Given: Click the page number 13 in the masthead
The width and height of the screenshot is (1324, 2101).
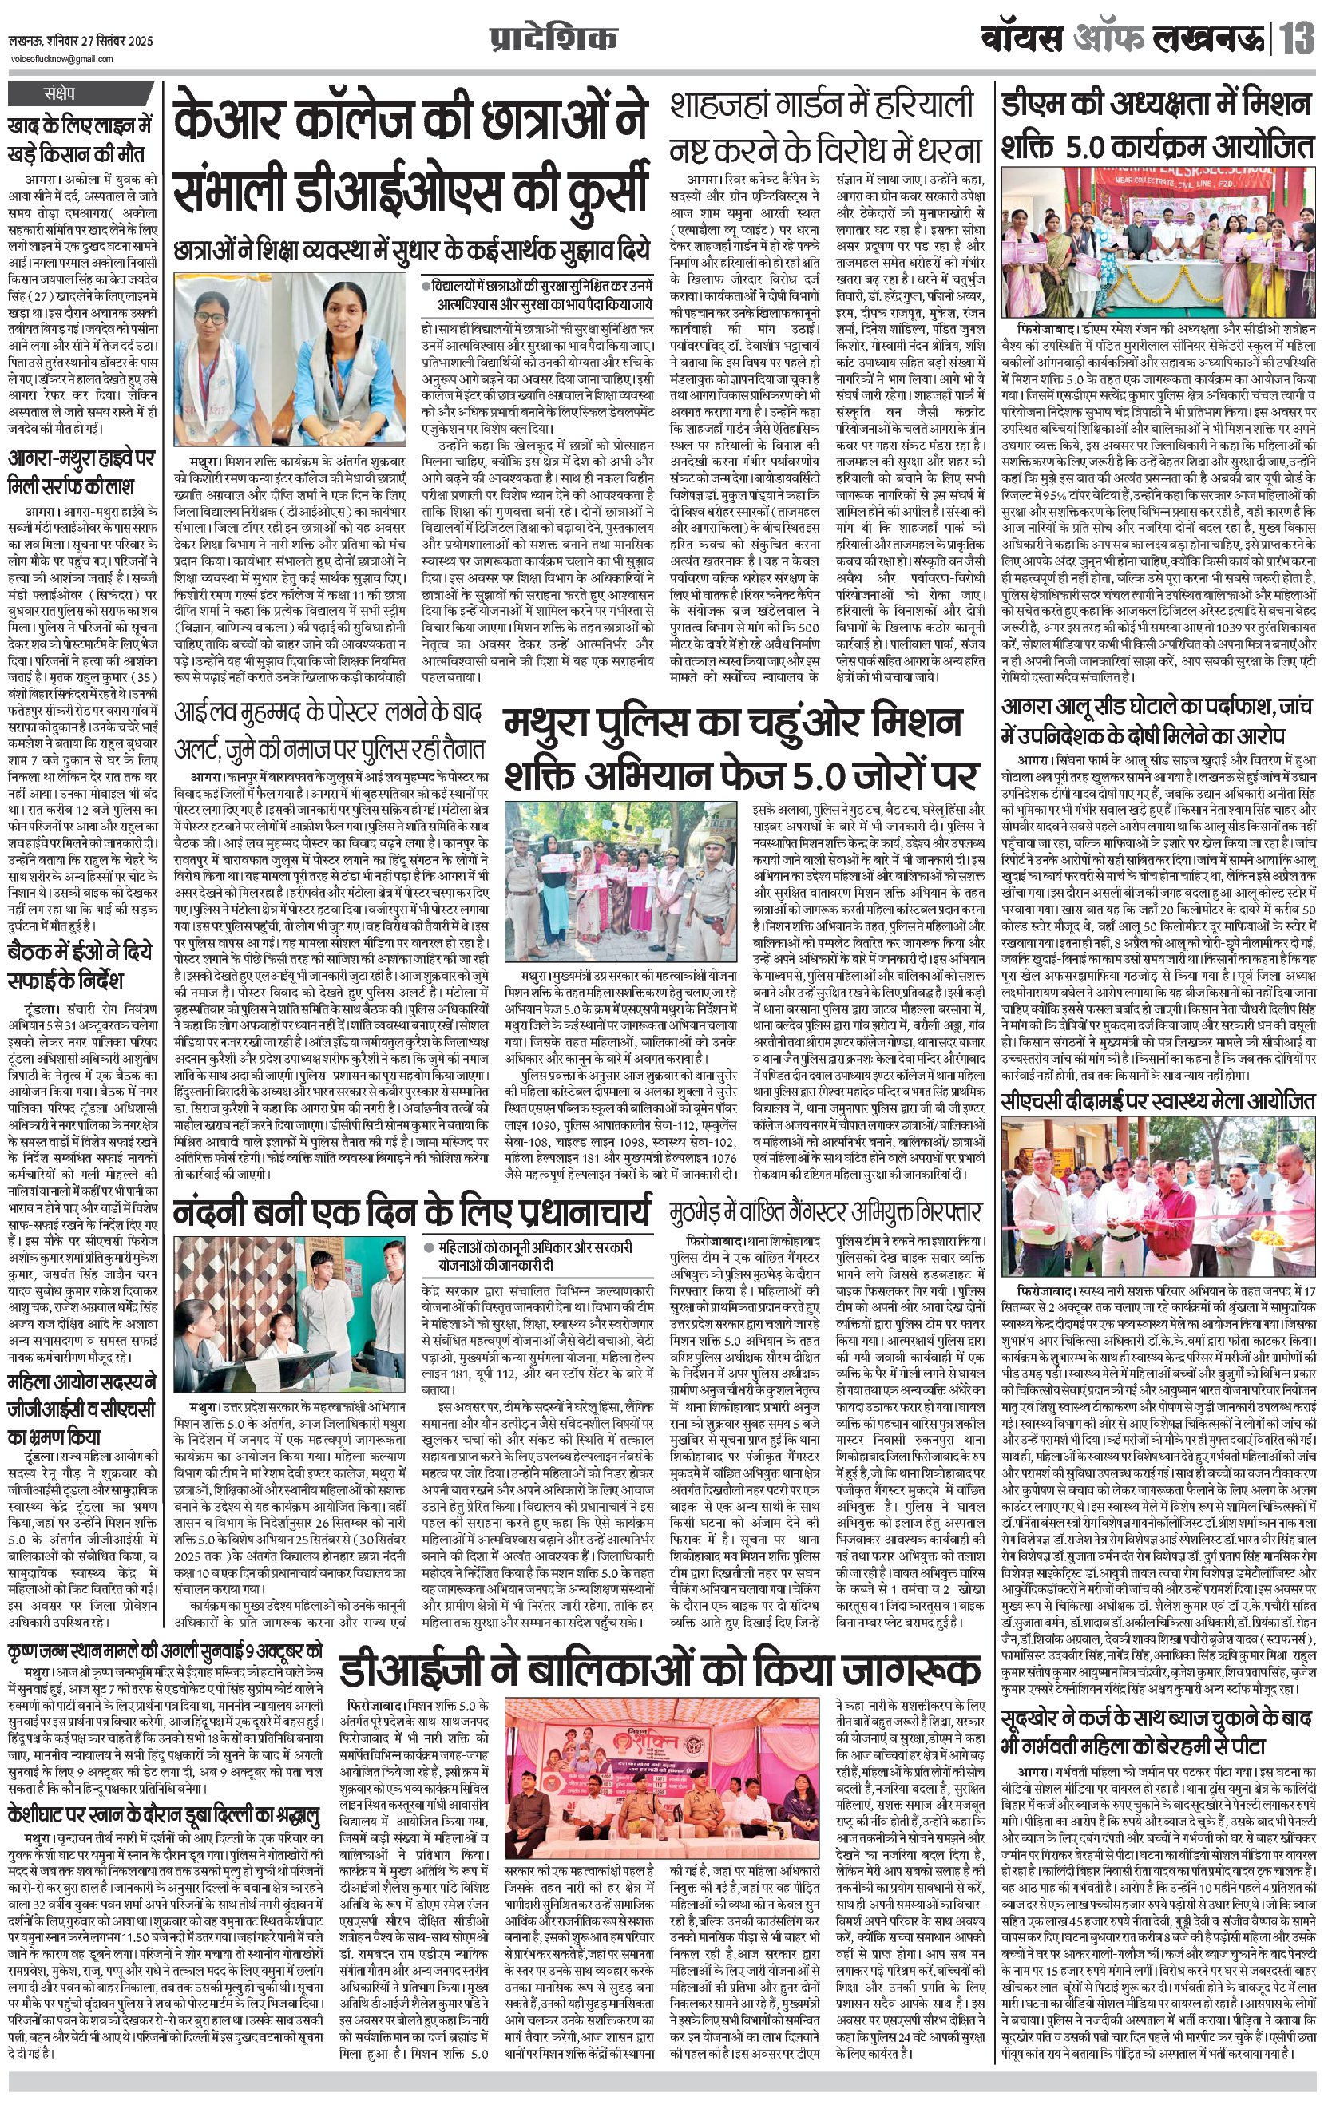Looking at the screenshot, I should [x=1298, y=40].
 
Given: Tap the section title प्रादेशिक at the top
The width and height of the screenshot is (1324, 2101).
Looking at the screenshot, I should [x=553, y=39].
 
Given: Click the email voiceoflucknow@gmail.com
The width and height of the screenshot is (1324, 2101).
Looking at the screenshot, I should [x=61, y=59].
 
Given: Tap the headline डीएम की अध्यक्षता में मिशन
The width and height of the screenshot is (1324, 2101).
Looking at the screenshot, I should [x=1157, y=125].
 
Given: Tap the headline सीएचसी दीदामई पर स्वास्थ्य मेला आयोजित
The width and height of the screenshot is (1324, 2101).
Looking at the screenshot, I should [x=1157, y=1102].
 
